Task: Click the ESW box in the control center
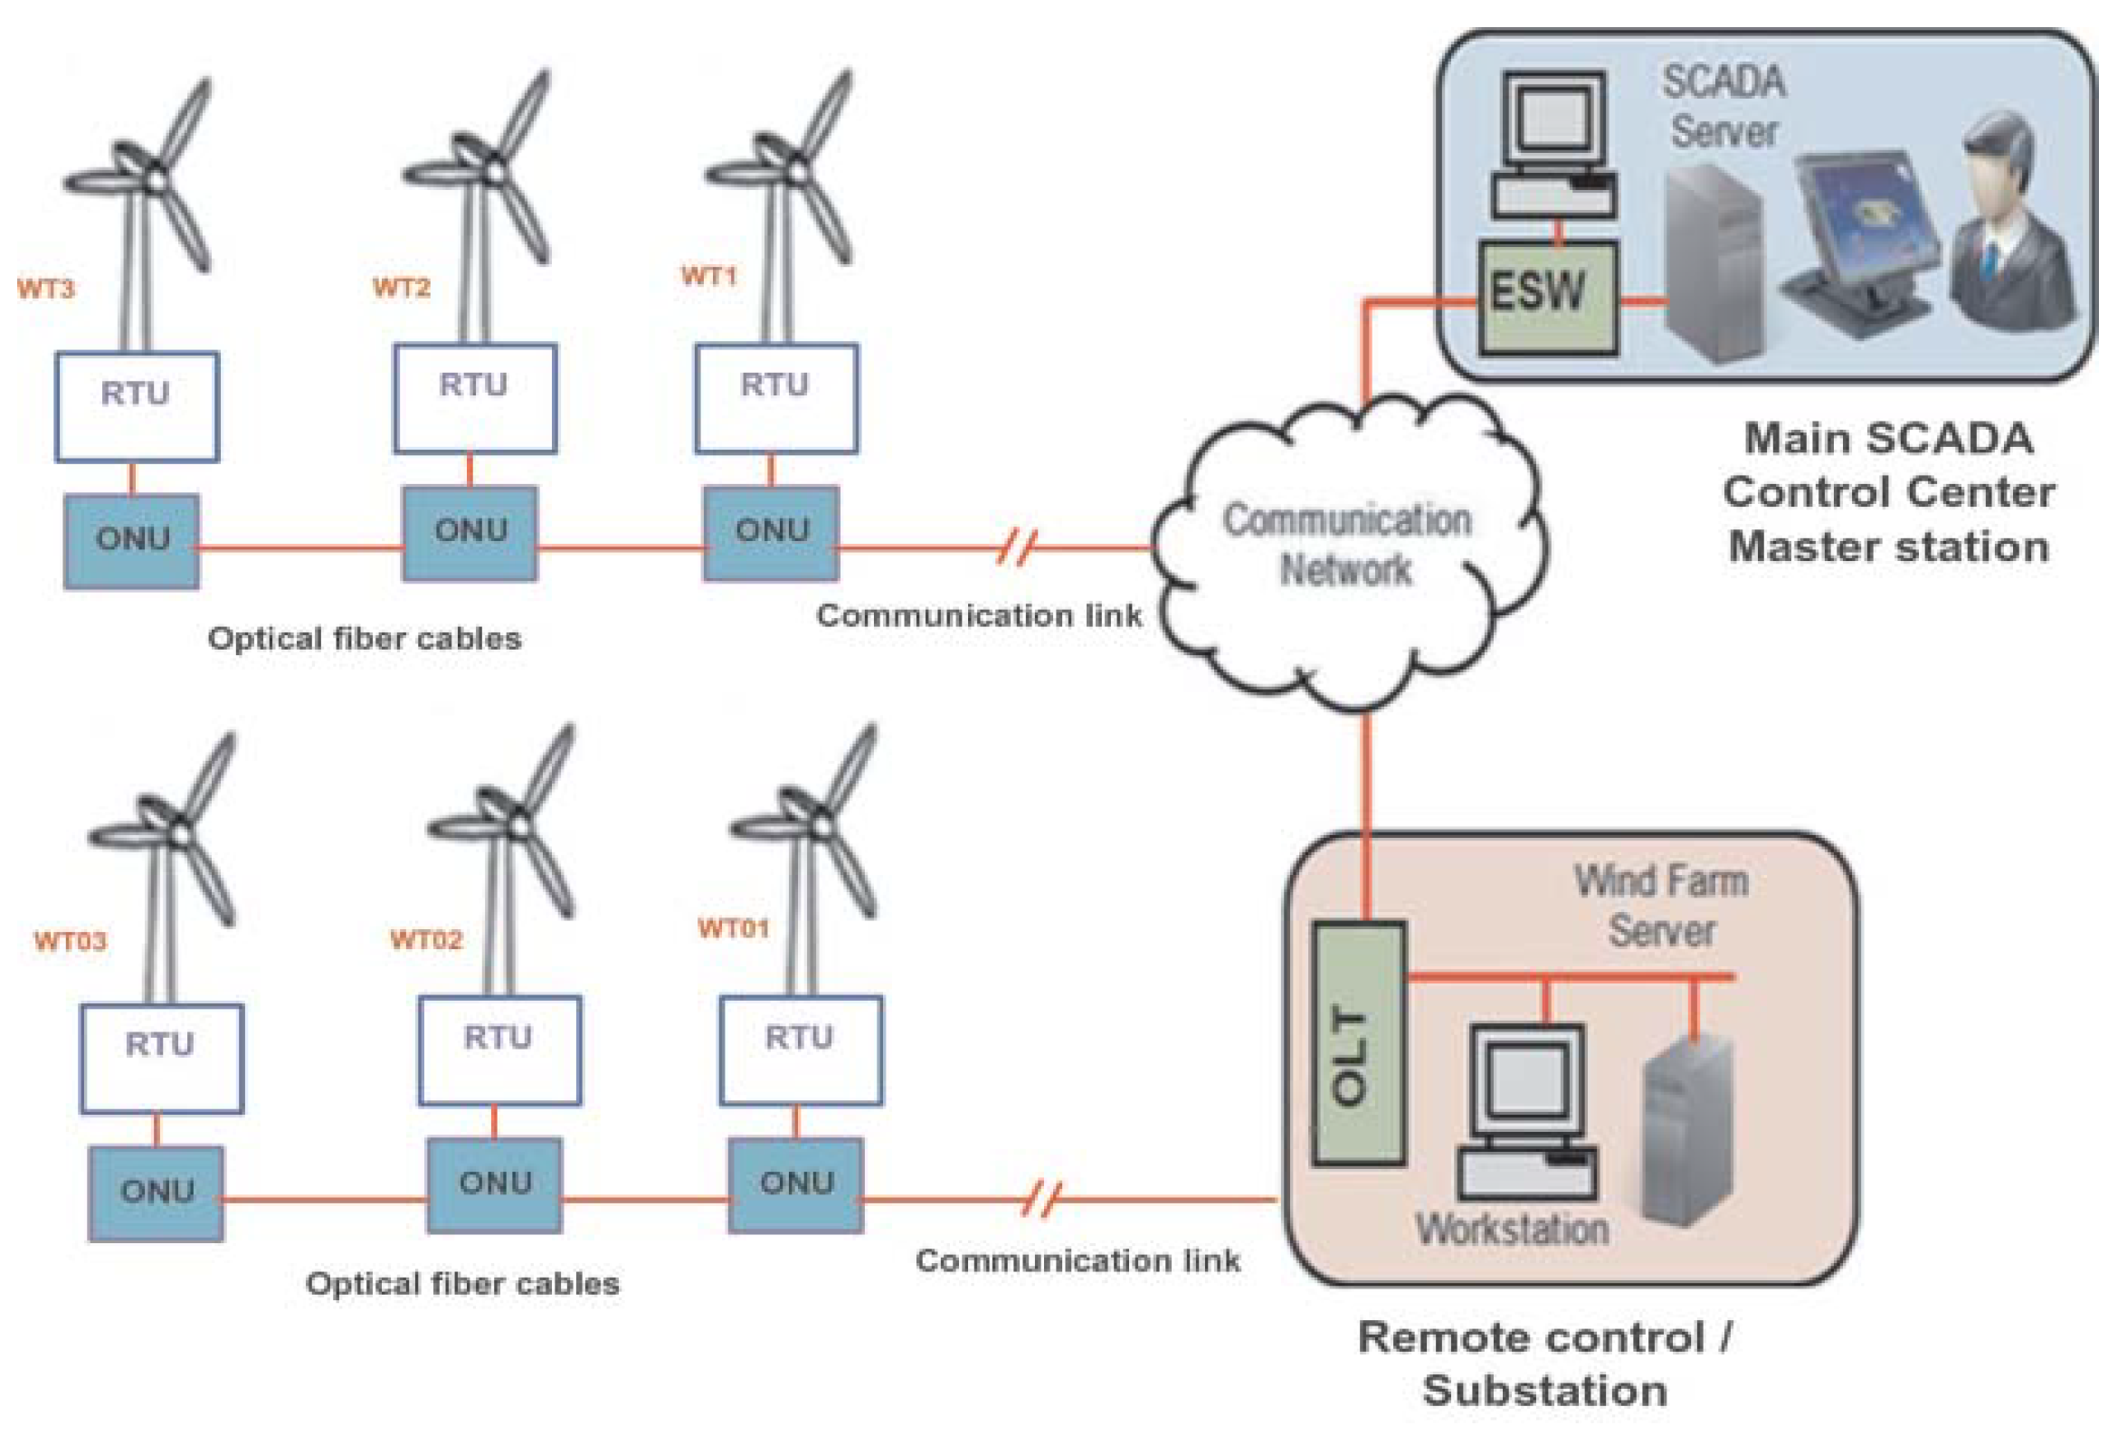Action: (x=1547, y=298)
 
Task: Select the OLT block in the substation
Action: (x=1358, y=1043)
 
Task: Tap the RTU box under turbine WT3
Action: (x=137, y=405)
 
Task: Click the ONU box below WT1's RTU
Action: (x=770, y=533)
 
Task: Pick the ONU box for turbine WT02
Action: (x=494, y=1184)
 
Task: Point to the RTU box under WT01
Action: (x=801, y=1050)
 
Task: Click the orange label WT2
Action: (x=401, y=288)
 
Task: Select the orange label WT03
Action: (x=70, y=940)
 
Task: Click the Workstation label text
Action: (x=1512, y=1229)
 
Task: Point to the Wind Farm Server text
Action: (x=1660, y=905)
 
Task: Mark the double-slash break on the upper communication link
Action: (x=1016, y=547)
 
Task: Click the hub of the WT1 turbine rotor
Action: (x=797, y=170)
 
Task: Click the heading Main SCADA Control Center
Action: (x=1888, y=465)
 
